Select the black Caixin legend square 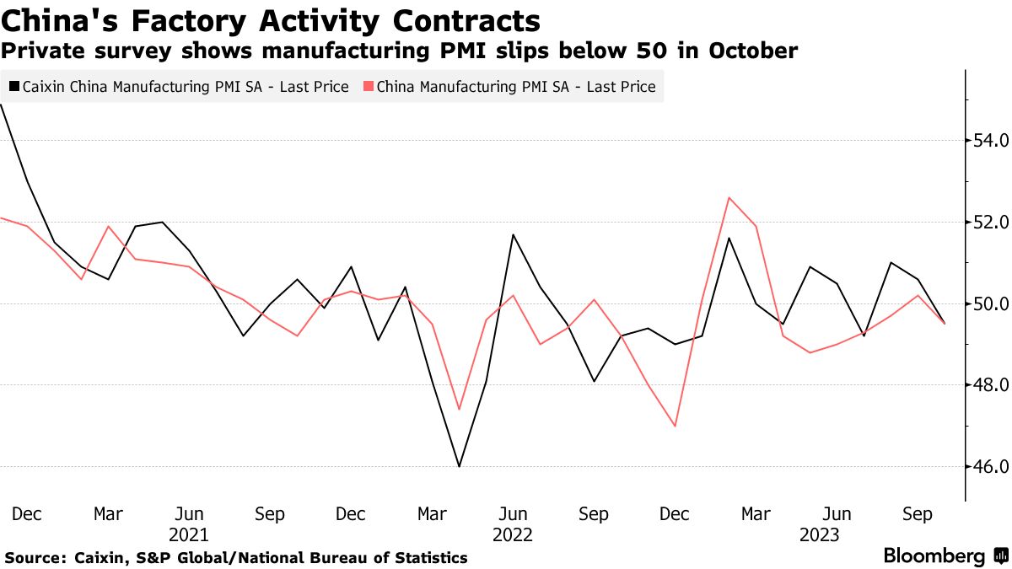click(x=13, y=87)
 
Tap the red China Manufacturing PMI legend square click(x=368, y=87)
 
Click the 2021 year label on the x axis click(x=189, y=535)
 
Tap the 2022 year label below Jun click(x=513, y=535)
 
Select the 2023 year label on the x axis click(x=820, y=535)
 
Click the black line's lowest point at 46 click(x=459, y=466)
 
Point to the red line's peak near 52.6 click(x=729, y=198)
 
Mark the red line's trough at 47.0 click(x=675, y=426)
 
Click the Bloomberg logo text click(x=934, y=556)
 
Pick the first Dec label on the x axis click(x=28, y=514)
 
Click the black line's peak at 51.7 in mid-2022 click(x=513, y=234)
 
